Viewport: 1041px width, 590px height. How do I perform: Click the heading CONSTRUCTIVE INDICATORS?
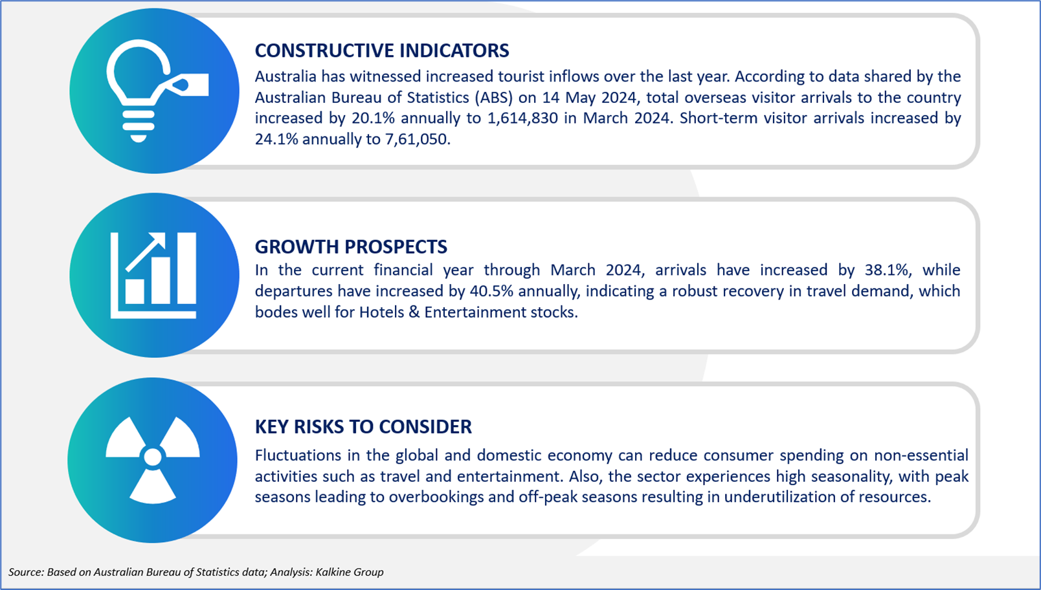381,50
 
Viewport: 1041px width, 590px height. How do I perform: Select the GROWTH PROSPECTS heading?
351,246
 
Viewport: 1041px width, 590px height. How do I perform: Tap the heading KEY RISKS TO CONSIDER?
363,426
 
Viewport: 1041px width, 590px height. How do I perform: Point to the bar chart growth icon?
153,275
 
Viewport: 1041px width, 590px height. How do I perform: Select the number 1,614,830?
522,118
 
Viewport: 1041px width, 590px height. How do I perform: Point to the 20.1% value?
373,118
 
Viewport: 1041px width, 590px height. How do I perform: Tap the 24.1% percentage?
276,139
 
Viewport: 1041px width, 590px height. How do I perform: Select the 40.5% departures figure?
491,291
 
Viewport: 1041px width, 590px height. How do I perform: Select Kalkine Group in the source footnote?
350,572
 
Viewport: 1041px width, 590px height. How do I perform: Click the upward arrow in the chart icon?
146,252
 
